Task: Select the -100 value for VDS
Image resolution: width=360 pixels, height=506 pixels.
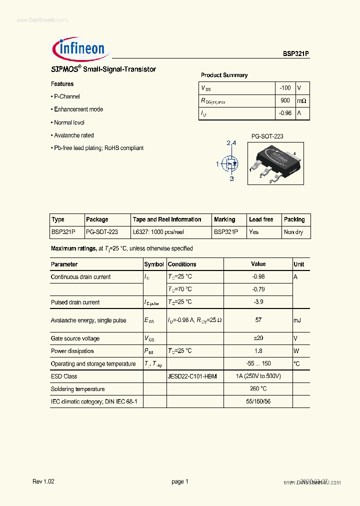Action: pos(285,88)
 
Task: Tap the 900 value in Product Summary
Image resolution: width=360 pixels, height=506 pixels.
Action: pos(285,100)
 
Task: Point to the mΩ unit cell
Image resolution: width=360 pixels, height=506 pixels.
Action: pos(301,101)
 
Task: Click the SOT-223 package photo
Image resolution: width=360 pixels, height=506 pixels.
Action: pos(275,163)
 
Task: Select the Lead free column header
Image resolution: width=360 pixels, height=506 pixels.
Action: pos(261,219)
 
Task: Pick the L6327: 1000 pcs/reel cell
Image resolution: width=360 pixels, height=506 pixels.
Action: pos(158,232)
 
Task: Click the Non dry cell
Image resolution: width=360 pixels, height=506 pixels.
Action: pos(293,232)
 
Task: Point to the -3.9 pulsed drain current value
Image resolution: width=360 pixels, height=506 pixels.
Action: pos(258,302)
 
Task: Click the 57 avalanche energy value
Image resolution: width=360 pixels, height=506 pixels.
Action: pos(258,320)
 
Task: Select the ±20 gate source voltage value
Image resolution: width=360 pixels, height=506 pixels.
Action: pos(258,338)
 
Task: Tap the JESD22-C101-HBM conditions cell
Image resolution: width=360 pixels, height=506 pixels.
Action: pos(192,376)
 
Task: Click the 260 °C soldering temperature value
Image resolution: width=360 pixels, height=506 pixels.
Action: pos(258,389)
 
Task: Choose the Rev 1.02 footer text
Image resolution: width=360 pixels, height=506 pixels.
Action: pos(43,481)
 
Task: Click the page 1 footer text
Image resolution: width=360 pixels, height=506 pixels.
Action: pos(179,481)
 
